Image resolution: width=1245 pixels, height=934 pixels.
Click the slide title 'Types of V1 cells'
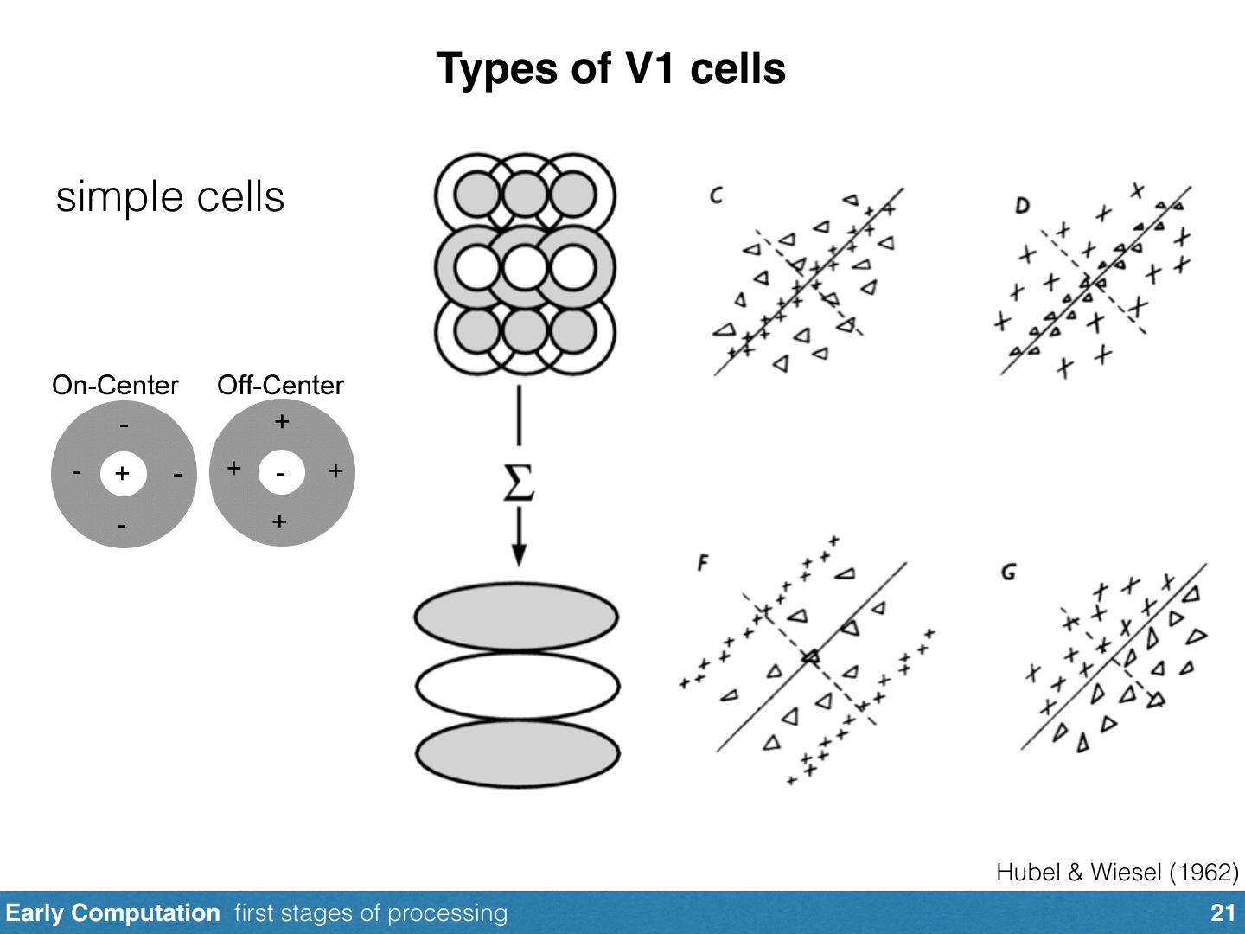(611, 68)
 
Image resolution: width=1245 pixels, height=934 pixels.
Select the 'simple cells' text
(170, 197)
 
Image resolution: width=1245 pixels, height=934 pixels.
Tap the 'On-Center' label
(115, 386)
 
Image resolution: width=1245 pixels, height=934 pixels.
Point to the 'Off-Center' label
(281, 386)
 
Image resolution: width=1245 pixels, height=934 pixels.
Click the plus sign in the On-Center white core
(122, 473)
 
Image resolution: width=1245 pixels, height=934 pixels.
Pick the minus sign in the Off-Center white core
(280, 474)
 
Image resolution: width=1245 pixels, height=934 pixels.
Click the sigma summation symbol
(519, 483)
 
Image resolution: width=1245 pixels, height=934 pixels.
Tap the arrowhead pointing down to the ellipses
(519, 554)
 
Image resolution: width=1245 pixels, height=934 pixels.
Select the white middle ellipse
(517, 686)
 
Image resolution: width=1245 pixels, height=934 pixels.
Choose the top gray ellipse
(516, 617)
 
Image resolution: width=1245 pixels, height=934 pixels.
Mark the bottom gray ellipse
(517, 753)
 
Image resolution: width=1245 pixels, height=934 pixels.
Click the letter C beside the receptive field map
(717, 195)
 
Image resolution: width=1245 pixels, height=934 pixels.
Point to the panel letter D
(1022, 205)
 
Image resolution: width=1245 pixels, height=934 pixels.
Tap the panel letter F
(703, 563)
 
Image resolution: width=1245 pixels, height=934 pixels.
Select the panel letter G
(1008, 573)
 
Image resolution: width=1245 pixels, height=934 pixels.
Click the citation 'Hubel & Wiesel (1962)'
(1117, 873)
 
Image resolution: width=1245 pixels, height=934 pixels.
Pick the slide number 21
(1223, 913)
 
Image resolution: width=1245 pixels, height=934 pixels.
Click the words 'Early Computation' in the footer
(112, 913)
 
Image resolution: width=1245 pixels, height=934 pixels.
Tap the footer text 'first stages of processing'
(371, 913)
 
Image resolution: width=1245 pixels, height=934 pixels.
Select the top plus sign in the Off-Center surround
(282, 421)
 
